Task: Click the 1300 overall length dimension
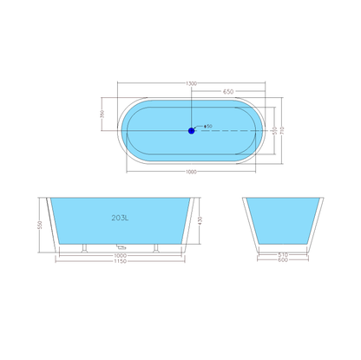coord(190,83)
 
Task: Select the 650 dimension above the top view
coord(227,91)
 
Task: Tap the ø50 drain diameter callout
coord(208,127)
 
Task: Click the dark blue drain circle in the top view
coord(191,130)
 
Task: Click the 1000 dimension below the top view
coord(190,172)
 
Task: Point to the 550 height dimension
coord(40,225)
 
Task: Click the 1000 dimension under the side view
coord(121,255)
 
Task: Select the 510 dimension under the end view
coord(283,255)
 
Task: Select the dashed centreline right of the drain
coord(230,130)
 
